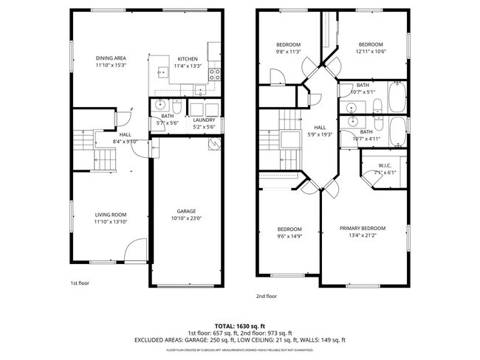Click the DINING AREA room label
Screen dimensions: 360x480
[111, 58]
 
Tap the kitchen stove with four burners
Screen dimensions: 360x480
[215, 74]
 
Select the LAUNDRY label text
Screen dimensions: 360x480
[204, 120]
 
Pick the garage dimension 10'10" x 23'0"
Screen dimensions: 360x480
[186, 218]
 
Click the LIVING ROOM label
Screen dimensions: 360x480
[111, 214]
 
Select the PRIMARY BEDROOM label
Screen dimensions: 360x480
[363, 229]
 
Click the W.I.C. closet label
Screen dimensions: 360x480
[385, 165]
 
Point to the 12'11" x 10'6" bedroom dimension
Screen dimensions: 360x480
[370, 52]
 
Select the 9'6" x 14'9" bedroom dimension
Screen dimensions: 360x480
[289, 236]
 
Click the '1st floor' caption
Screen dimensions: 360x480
[80, 282]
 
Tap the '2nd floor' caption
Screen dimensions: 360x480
[266, 296]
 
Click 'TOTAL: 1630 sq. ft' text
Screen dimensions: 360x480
[239, 325]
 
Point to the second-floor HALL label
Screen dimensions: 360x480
[320, 127]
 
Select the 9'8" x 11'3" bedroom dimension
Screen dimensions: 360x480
[289, 52]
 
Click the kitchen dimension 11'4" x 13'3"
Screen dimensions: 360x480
[188, 66]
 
